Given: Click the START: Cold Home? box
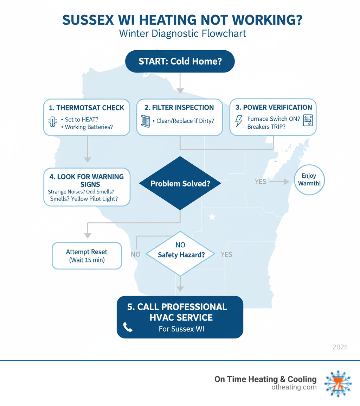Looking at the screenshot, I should [x=180, y=61].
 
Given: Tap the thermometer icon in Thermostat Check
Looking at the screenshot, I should [x=52, y=122].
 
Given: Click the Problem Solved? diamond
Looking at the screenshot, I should [x=180, y=183].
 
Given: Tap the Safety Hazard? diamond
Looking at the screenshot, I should [x=180, y=254].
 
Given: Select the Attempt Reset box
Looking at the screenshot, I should [x=87, y=256].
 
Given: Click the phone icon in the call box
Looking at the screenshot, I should [x=128, y=327].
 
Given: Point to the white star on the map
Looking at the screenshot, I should [x=212, y=217].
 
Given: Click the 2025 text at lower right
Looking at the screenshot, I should [x=340, y=347].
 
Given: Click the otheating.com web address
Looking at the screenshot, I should [x=294, y=387].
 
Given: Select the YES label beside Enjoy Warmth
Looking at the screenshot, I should [x=261, y=182].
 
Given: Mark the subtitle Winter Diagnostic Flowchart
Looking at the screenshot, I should [x=182, y=34].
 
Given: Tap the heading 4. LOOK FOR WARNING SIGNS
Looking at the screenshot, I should [x=87, y=180].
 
